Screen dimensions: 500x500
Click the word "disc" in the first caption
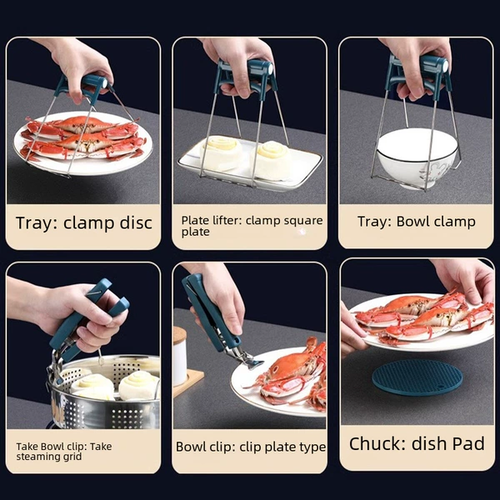click(x=136, y=222)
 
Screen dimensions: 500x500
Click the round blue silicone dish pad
click(x=417, y=377)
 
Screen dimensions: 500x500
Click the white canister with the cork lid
click(x=179, y=355)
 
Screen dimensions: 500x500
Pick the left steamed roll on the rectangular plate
click(x=221, y=152)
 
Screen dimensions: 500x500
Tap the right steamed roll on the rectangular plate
click(x=274, y=159)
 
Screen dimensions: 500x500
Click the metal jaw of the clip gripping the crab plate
click(x=245, y=358)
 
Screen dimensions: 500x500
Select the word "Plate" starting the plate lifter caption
click(x=193, y=220)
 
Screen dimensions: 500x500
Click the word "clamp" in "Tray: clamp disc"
click(x=87, y=222)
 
